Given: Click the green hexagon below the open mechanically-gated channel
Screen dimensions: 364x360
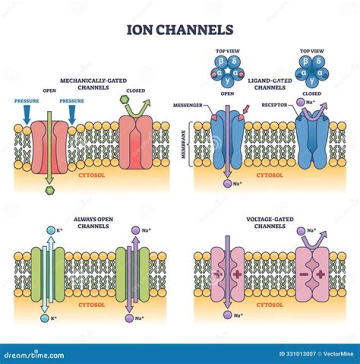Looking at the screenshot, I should pyautogui.click(x=49, y=190).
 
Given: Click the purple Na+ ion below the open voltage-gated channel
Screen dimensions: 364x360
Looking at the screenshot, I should pyautogui.click(x=227, y=314).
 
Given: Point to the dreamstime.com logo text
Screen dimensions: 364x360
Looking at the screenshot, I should pyautogui.click(x=32, y=355).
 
